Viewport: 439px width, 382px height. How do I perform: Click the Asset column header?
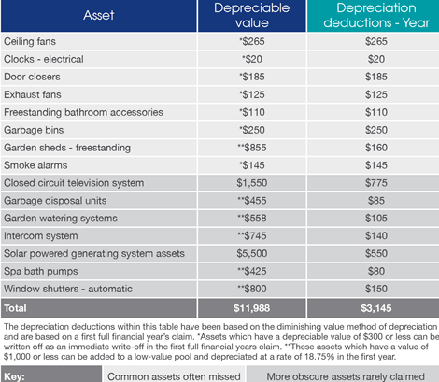[x=99, y=15]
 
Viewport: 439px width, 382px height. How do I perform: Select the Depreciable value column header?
[x=252, y=15]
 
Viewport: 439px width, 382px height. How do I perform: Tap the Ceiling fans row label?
[x=30, y=41]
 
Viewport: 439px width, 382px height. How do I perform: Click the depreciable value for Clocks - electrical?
[x=252, y=59]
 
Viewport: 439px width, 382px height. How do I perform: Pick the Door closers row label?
[x=32, y=77]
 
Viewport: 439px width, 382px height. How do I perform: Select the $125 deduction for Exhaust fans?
[x=376, y=94]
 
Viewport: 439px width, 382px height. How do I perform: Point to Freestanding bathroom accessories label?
[x=83, y=112]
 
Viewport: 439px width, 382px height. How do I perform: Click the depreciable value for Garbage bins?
[x=252, y=130]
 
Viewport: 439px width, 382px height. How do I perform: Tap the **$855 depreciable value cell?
[x=252, y=148]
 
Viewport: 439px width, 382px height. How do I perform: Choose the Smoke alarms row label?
[x=35, y=165]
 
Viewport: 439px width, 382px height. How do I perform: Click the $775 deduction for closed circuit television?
[x=376, y=183]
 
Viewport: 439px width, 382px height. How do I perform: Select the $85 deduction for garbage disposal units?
[x=376, y=201]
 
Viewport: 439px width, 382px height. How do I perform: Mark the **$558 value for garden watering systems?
[x=252, y=219]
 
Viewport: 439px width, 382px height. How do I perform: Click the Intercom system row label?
[x=41, y=236]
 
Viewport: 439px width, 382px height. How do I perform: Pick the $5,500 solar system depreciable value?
[x=252, y=253]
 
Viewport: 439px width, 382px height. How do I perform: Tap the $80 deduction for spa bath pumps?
[x=376, y=271]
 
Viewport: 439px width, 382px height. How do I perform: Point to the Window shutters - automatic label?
[x=68, y=289]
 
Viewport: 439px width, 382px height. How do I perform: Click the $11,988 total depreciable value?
[x=252, y=308]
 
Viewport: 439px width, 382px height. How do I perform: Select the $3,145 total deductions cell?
[x=376, y=308]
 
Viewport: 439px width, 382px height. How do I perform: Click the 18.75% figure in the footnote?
[x=319, y=357]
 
